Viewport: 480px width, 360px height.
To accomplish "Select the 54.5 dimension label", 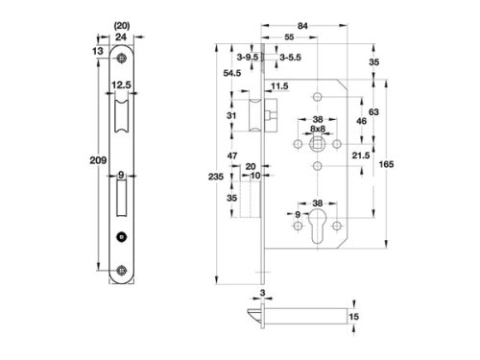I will click(229, 73).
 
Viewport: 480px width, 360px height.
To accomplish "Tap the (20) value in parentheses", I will click(121, 26).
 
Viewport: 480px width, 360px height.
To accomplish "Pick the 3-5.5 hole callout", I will click(289, 58).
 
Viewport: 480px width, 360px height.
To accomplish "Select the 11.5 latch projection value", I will click(280, 86).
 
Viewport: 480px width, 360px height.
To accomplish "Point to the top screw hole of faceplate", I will click(121, 60).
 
